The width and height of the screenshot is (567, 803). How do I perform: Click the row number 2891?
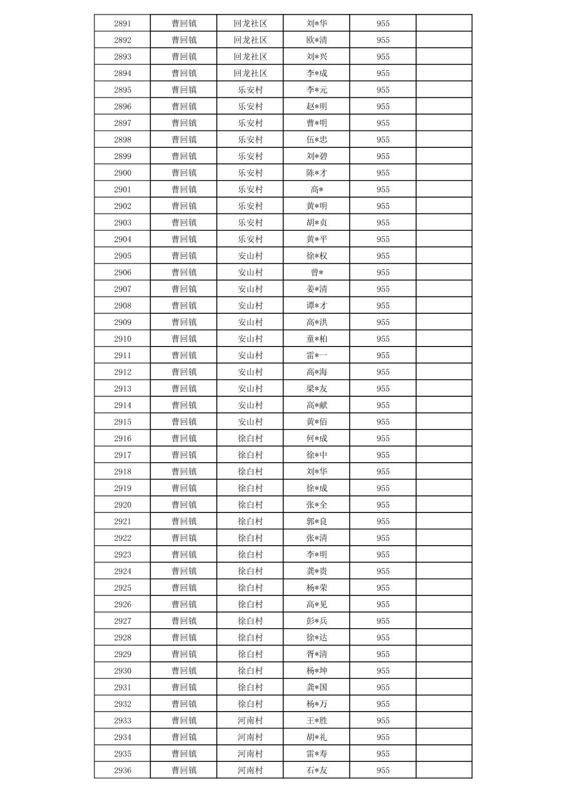pos(122,23)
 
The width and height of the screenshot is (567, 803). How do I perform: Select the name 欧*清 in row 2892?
pos(316,40)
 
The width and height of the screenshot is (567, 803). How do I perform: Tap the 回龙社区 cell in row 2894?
pos(250,73)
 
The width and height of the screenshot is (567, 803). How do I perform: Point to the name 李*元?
pos(316,90)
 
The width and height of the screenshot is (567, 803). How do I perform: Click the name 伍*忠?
pos(316,139)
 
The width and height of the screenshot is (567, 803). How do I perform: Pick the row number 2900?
pos(122,173)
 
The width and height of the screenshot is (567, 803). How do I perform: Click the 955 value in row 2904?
pos(383,239)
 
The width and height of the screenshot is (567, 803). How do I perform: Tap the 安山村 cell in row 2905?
pos(250,256)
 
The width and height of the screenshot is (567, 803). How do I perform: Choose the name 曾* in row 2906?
pos(316,273)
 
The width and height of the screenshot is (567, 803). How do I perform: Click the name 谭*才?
pos(316,305)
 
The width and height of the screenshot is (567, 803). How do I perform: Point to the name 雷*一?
pos(316,356)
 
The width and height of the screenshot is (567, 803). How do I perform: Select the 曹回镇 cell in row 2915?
pos(184,422)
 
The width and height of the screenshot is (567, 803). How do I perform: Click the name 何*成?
pos(316,438)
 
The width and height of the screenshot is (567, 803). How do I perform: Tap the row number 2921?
pos(122,521)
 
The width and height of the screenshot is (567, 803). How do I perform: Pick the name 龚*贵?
pos(316,571)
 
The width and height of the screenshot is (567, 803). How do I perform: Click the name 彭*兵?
pos(316,621)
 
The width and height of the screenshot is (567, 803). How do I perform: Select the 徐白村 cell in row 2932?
pos(250,704)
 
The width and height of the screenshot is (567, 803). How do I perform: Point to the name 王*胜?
pos(316,721)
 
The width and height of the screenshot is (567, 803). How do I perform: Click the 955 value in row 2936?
pos(383,770)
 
